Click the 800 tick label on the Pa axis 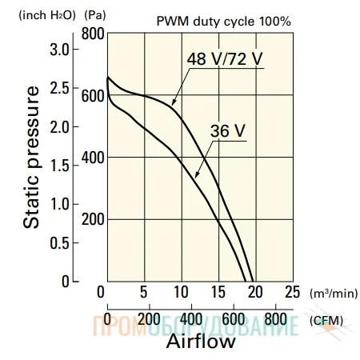click(x=93, y=34)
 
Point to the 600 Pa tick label click(x=93, y=96)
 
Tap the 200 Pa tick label click(x=93, y=220)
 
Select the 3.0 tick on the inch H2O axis click(x=59, y=50)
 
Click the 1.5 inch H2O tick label click(x=59, y=166)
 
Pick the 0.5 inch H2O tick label click(x=59, y=243)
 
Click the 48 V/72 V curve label click(x=225, y=59)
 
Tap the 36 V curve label click(x=228, y=131)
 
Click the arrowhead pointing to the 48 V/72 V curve click(x=174, y=102)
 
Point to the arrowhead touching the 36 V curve click(x=197, y=174)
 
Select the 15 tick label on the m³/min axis click(x=218, y=292)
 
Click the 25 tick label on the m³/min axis click(x=293, y=292)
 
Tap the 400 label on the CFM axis click(x=191, y=319)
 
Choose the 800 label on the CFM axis click(x=275, y=319)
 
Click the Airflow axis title click(x=201, y=341)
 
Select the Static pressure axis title click(x=31, y=158)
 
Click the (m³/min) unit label click(x=334, y=294)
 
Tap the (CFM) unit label click(x=326, y=321)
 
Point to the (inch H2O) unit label click(x=47, y=15)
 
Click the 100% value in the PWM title click(x=275, y=21)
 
